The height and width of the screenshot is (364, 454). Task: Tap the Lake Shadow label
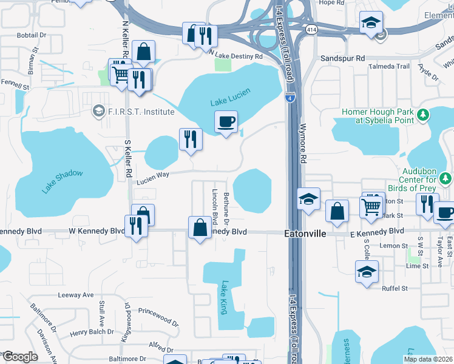(x=62, y=181)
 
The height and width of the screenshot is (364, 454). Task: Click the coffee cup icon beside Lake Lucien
(x=226, y=122)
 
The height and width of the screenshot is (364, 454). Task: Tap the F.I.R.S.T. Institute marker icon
(x=98, y=111)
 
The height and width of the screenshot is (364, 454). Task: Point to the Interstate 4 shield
(x=290, y=96)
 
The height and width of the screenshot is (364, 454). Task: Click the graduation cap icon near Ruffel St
(x=367, y=272)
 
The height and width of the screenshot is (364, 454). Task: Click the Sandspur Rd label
(x=343, y=58)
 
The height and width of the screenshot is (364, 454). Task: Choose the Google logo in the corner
(x=20, y=357)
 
